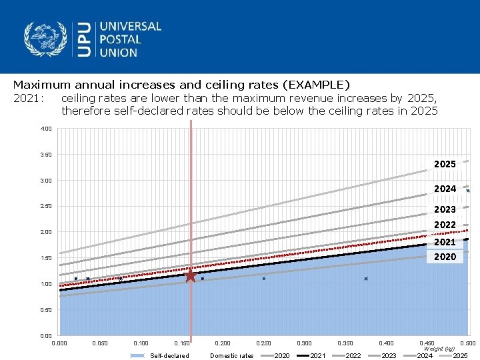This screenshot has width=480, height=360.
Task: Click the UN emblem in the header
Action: tap(45, 39)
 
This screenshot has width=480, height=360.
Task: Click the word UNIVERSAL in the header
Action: tap(131, 27)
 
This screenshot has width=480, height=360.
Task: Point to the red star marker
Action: tap(190, 275)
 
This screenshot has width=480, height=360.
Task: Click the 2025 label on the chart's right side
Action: tap(445, 164)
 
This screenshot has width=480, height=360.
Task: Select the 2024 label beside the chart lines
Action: tap(445, 189)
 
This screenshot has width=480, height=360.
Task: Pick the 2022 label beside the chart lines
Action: tap(445, 225)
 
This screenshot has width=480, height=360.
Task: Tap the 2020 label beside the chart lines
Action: tap(445, 257)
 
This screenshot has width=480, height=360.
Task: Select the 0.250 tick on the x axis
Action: tap(264, 343)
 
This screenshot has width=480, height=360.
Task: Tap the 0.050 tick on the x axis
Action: tap(100, 343)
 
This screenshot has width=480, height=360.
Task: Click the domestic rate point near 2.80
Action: tap(468, 191)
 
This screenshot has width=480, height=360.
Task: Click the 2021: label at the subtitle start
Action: tap(29, 99)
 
